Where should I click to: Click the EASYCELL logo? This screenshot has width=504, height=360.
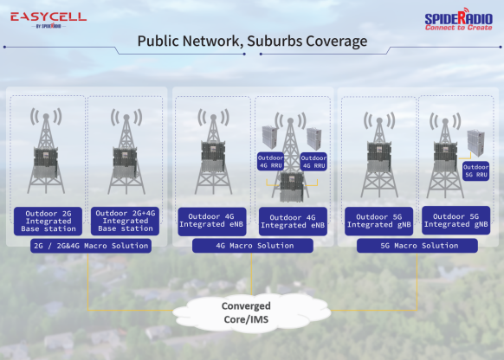pyautogui.click(x=48, y=20)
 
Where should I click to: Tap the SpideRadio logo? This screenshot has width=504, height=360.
pyautogui.click(x=459, y=19)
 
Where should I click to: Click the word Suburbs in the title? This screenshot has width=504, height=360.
pyautogui.click(x=275, y=42)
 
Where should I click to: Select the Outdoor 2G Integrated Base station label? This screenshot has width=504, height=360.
pyautogui.click(x=48, y=221)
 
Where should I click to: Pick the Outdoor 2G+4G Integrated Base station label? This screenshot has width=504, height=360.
pyautogui.click(x=125, y=221)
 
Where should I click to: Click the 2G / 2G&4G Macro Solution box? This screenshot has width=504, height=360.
pyautogui.click(x=91, y=246)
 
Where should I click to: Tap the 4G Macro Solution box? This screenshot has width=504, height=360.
pyautogui.click(x=253, y=246)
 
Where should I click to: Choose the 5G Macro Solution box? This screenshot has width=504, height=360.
pyautogui.click(x=417, y=246)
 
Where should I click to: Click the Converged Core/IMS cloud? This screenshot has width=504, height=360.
pyautogui.click(x=252, y=312)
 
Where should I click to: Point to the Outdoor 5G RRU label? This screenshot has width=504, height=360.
pyautogui.click(x=475, y=170)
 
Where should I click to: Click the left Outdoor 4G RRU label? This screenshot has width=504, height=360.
pyautogui.click(x=271, y=162)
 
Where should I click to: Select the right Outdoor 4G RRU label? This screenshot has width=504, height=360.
pyautogui.click(x=313, y=162)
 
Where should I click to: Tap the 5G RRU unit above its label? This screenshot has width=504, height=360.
pyautogui.click(x=475, y=143)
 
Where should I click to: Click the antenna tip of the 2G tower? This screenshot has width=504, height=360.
pyautogui.click(x=46, y=116)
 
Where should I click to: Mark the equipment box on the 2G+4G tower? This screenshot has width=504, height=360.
pyautogui.click(x=125, y=163)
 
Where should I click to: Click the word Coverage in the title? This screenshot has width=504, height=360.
pyautogui.click(x=337, y=42)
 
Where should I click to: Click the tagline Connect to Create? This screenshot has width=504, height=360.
pyautogui.click(x=459, y=28)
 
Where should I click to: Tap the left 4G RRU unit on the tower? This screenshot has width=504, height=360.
pyautogui.click(x=269, y=138)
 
